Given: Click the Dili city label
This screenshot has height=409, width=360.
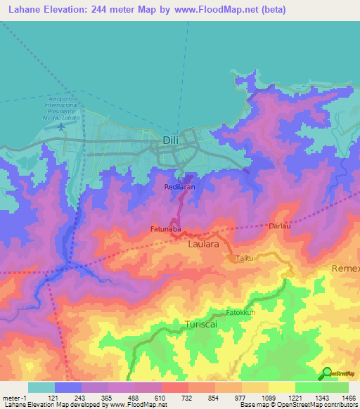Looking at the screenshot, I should click(169, 140).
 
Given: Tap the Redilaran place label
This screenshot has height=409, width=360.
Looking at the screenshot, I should click(180, 188).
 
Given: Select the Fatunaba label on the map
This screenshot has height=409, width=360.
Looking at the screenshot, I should click(166, 229).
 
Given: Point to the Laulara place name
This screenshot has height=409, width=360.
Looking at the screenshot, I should click(204, 245).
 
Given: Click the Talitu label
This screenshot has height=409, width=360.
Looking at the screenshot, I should click(245, 258).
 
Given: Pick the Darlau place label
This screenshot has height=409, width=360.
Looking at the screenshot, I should click(280, 226).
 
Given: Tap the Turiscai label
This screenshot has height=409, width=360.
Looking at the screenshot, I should click(202, 324).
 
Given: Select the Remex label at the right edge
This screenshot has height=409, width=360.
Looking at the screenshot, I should click(345, 269).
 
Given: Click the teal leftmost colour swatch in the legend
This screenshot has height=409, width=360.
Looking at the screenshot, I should click(41, 387).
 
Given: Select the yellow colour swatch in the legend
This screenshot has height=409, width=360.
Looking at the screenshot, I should click(282, 387).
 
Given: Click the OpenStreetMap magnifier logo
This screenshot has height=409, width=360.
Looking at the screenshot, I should click(326, 372).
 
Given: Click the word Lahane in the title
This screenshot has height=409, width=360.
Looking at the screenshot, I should click(24, 10).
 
